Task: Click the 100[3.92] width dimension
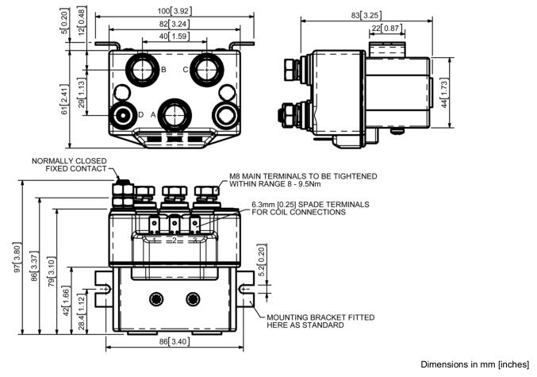click(x=174, y=11)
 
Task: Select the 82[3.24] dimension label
click(x=174, y=24)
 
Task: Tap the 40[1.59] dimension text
click(x=174, y=37)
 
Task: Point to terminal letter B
click(x=163, y=70)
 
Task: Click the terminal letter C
click(x=186, y=70)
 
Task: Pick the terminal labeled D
click(x=140, y=115)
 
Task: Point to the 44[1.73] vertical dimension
click(x=446, y=93)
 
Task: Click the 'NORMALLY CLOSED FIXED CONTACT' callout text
click(x=69, y=164)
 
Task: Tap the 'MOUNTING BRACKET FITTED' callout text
click(x=320, y=321)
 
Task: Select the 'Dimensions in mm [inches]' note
click(x=474, y=364)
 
